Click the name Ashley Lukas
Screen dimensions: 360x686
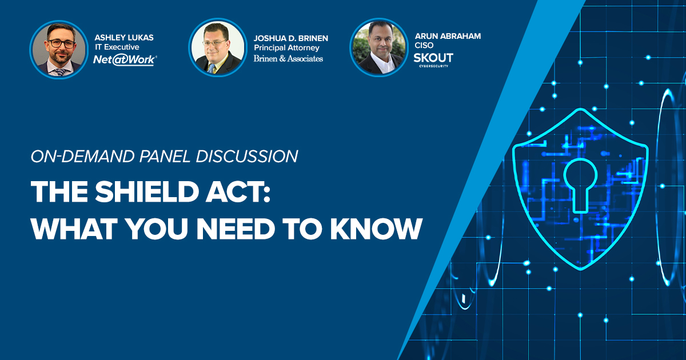(x=124, y=38)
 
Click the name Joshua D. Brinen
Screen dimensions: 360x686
(x=291, y=38)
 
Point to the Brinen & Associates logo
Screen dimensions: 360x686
(x=288, y=58)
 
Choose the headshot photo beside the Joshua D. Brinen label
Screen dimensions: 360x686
(x=217, y=48)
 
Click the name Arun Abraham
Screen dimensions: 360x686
(x=448, y=36)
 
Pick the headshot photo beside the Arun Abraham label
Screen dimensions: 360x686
(x=378, y=47)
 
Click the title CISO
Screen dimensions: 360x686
(x=424, y=45)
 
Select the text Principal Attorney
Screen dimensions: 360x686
(x=286, y=47)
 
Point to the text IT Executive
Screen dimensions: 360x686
(x=117, y=47)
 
